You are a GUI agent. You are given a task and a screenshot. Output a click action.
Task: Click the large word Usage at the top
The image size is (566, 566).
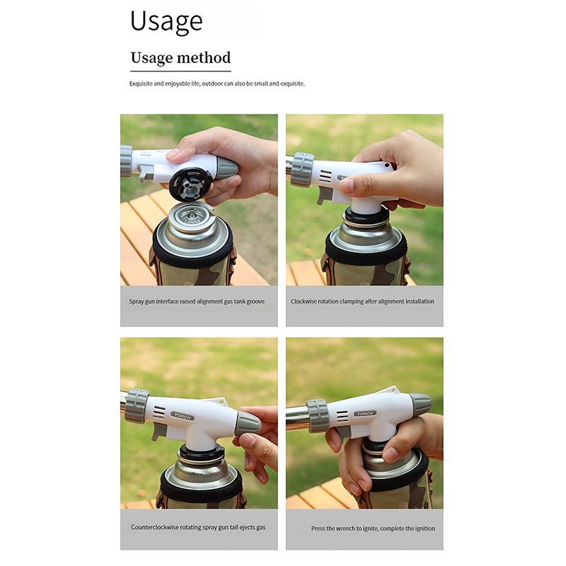coord(166,22)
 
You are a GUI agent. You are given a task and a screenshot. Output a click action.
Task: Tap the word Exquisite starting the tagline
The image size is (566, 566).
coord(141,83)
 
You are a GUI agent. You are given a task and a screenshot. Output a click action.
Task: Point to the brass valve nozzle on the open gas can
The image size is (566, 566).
coord(192,215)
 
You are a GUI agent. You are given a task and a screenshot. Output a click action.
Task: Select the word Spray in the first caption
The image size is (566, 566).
coord(136,301)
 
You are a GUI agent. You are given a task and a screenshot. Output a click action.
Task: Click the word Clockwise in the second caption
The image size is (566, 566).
coord(304,301)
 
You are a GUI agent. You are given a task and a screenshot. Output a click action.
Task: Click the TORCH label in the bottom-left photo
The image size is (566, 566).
coord(183,416)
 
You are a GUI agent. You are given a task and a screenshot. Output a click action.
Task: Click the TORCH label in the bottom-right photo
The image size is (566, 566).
coord(365,414)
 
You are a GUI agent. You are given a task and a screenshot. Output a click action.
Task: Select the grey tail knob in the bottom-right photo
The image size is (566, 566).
coord(420,403)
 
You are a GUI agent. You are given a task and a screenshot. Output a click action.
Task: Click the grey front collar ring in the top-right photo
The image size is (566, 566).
coord(302,170)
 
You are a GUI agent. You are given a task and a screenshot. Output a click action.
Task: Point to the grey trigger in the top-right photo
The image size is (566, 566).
coord(325,195)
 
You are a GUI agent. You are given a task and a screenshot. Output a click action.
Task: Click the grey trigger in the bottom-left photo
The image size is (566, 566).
coord(159,431)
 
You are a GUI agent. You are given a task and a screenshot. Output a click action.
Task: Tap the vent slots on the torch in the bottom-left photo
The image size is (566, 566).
coord(159,412)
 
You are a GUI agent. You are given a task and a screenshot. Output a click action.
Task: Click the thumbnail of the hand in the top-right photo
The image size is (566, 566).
coord(347,186)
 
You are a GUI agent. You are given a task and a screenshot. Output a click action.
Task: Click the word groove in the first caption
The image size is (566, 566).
coord(255,301)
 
